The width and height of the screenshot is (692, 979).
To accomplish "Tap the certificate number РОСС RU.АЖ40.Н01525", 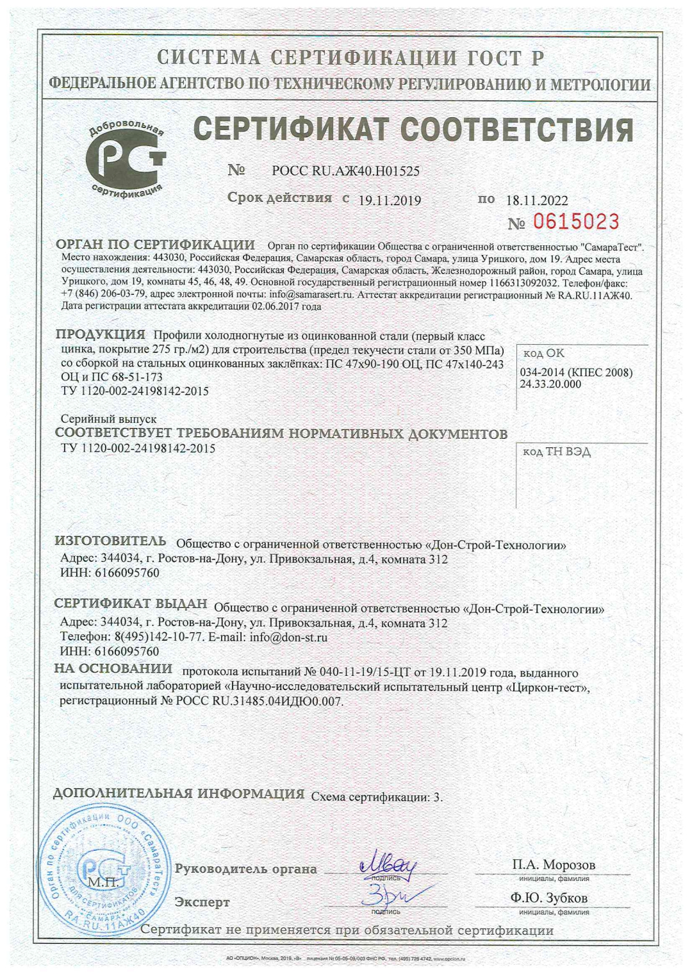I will pyautogui.click(x=345, y=171).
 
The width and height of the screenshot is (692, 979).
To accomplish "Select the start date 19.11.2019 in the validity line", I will pyautogui.click(x=390, y=201).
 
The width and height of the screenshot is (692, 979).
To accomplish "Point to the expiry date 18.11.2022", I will pyautogui.click(x=537, y=201).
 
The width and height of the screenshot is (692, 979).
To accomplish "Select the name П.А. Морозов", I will pyautogui.click(x=554, y=865).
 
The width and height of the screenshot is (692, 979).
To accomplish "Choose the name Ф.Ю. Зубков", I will pyautogui.click(x=549, y=898).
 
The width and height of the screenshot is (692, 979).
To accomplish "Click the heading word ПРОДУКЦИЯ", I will pyautogui.click(x=101, y=334).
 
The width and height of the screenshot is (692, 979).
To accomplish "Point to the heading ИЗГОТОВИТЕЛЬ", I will pyautogui.click(x=110, y=541).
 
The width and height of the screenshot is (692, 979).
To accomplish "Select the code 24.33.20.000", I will pyautogui.click(x=550, y=384).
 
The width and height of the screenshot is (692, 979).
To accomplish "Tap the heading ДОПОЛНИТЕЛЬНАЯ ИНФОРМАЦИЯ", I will pyautogui.click(x=178, y=794).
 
